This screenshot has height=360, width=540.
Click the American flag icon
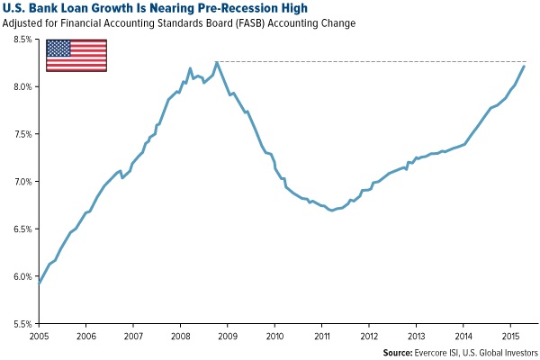pos(76,54)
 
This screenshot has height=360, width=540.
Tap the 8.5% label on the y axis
pos(21,40)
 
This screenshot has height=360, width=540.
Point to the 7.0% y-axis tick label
pos(21,182)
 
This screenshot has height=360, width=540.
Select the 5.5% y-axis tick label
pos(21,323)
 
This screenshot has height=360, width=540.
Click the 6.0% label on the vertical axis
pos(21,276)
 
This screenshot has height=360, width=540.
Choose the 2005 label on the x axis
pos(40,335)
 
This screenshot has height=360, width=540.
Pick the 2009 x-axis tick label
pos(228,335)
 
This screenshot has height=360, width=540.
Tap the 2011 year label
pos(322,335)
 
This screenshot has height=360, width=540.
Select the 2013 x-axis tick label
pos(416,335)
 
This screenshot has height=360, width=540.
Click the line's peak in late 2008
pos(217,62)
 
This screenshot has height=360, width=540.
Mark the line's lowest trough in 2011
pos(332,210)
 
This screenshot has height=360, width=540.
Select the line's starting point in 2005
pos(40,283)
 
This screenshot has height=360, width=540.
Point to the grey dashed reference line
pos(378,61)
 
